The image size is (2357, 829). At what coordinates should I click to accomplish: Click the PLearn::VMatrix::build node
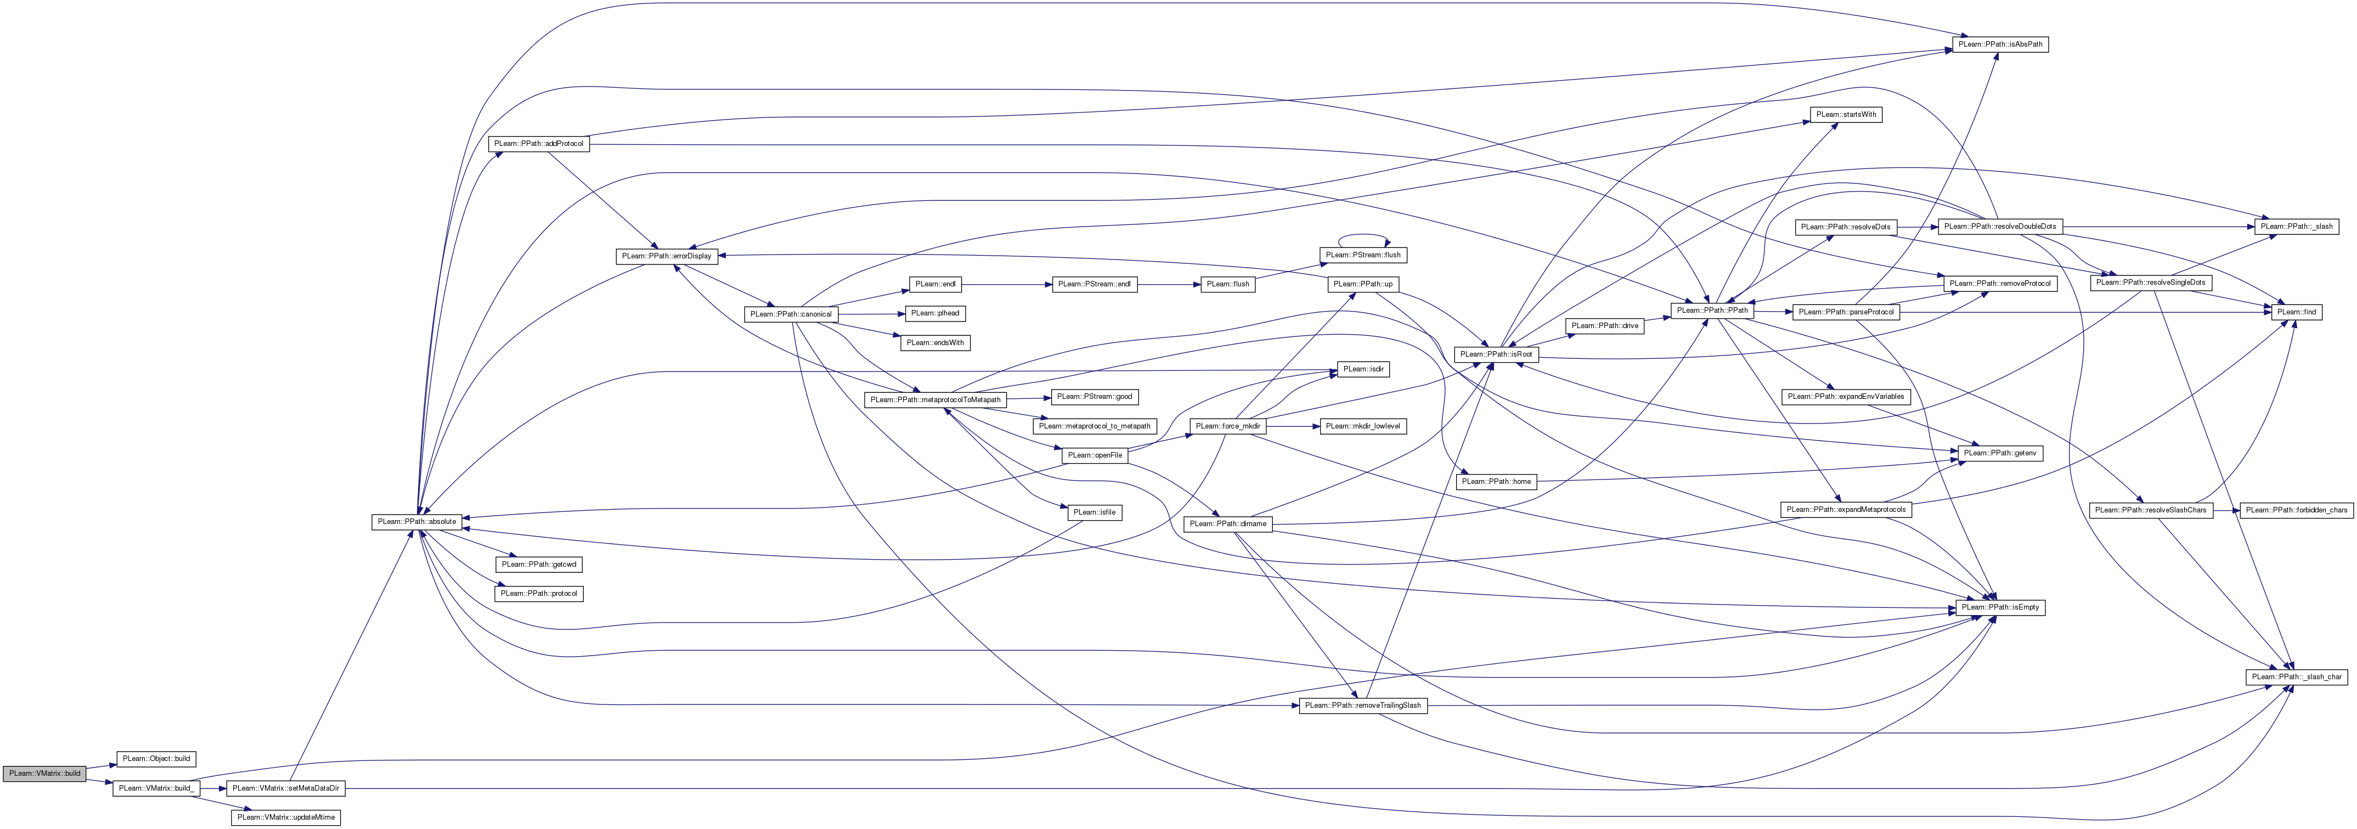44,773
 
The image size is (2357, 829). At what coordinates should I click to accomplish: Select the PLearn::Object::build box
156,759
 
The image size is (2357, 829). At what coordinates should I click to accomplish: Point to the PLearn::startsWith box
1846,114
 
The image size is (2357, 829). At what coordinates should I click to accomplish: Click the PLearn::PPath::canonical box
791,314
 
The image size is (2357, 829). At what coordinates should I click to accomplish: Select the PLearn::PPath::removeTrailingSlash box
1362,706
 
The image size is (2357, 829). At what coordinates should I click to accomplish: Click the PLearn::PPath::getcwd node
538,565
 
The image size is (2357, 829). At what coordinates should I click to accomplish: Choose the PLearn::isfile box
1095,512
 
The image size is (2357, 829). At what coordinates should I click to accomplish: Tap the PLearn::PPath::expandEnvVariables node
1846,396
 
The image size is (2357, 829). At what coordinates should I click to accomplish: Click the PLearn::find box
2298,312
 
